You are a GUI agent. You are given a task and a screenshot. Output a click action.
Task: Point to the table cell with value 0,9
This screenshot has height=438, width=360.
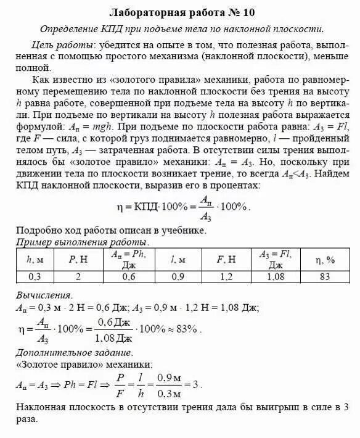(178, 278)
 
